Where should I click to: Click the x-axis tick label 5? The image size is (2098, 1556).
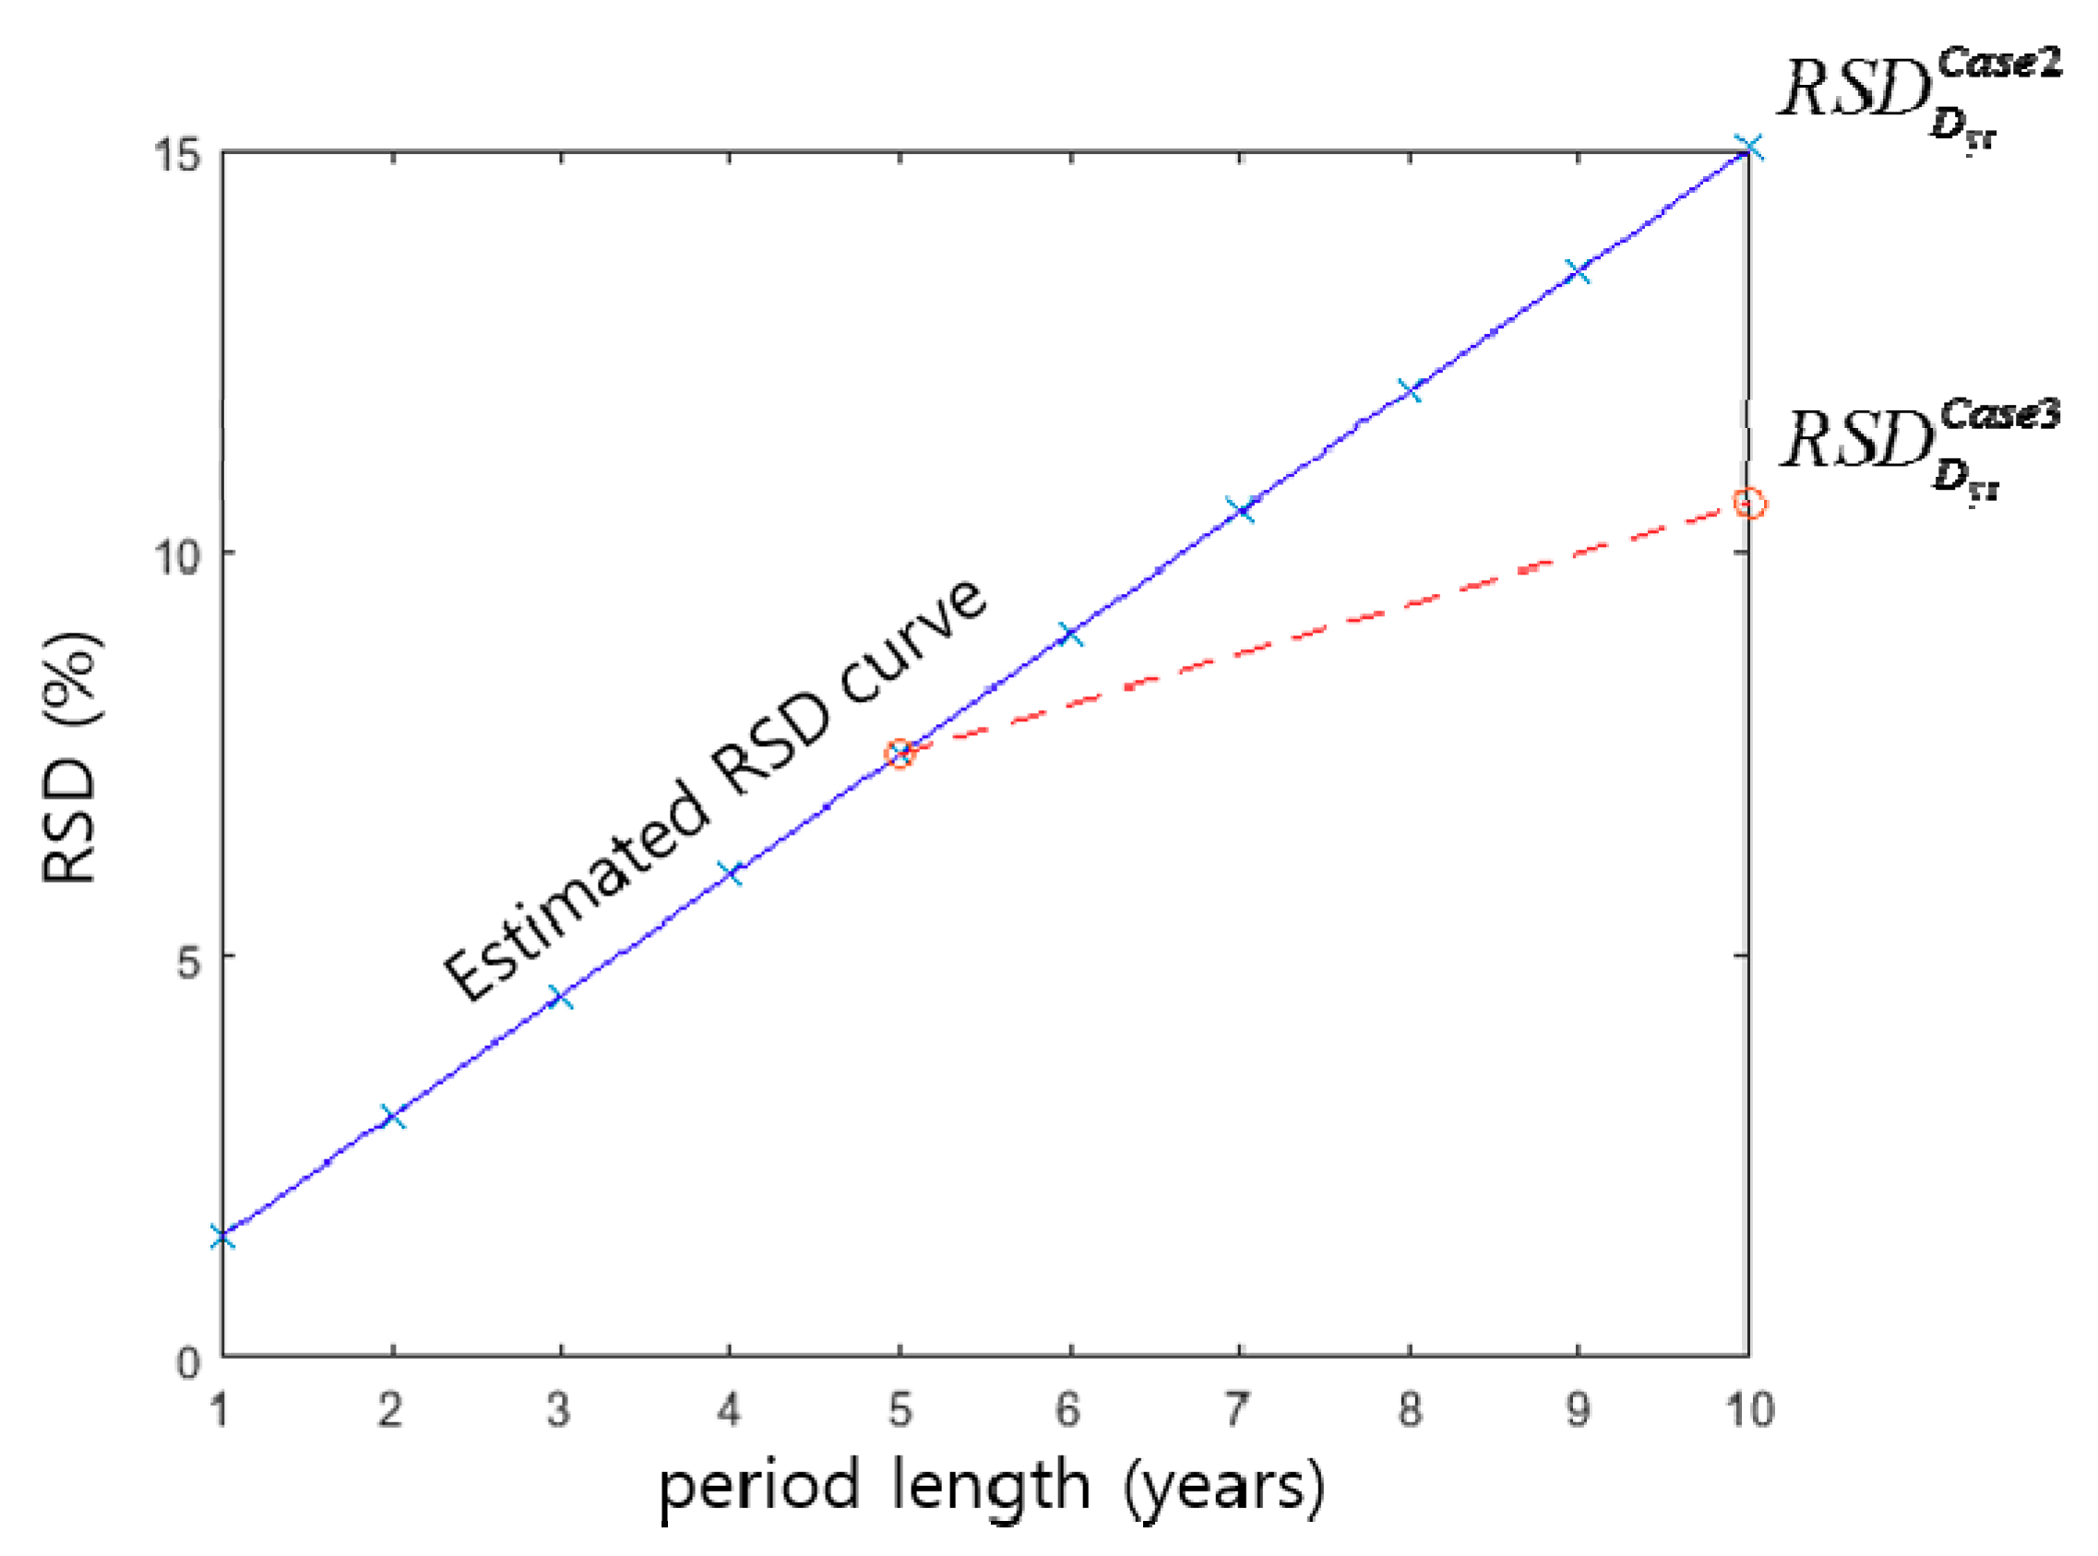click(x=900, y=1410)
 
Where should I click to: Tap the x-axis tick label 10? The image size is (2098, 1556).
click(x=1748, y=1410)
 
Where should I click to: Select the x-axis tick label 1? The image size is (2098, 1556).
click(x=220, y=1410)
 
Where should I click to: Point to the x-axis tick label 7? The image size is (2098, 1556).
click(x=1238, y=1410)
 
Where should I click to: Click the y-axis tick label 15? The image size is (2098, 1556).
click(x=177, y=153)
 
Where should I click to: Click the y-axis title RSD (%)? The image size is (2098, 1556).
click(x=71, y=757)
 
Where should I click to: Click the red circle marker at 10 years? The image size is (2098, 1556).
click(x=1749, y=503)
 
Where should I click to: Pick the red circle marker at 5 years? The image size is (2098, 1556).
click(x=900, y=753)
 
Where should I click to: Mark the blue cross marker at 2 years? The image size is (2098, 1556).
click(x=392, y=1117)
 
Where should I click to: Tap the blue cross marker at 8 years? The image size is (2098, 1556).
click(x=1410, y=390)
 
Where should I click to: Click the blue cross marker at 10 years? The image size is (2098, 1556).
click(x=1749, y=148)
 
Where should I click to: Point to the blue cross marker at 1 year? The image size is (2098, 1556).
click(x=222, y=1237)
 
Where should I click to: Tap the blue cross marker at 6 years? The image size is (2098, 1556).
click(x=1069, y=633)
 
